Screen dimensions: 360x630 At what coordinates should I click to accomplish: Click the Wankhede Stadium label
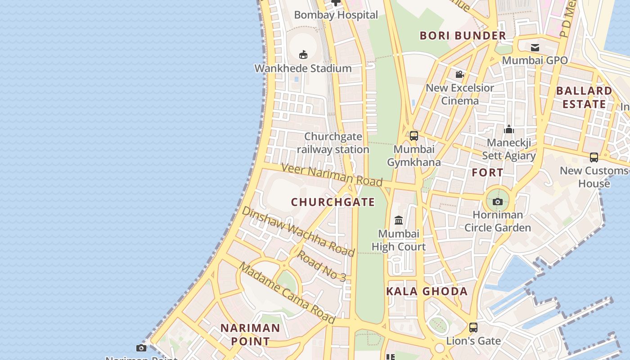point(303,68)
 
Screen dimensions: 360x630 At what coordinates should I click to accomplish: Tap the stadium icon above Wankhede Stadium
point(303,54)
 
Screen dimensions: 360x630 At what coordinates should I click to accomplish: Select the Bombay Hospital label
point(336,15)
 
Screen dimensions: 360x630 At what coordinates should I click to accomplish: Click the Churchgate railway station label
point(333,143)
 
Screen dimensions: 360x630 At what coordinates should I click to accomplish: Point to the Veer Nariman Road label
point(332,174)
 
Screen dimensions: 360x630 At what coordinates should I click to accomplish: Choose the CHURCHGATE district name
point(333,202)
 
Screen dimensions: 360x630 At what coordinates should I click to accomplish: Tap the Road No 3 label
point(322,266)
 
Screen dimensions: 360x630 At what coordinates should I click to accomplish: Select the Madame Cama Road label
point(287,292)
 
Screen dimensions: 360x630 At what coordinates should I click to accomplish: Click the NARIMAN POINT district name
point(250,334)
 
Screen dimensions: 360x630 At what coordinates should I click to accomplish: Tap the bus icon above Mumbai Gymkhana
point(414,135)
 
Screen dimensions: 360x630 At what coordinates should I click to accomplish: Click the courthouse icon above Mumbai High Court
point(399,220)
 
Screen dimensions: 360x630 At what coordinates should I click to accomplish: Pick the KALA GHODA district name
point(427,291)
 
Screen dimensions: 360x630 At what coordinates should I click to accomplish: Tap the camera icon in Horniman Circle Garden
point(498,202)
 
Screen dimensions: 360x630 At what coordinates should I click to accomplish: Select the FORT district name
point(488,172)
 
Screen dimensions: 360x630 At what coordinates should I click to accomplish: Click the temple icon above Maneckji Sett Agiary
point(509,130)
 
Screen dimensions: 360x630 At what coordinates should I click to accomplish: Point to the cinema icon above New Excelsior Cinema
point(459,74)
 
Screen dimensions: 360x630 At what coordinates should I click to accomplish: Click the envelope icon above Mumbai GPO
point(535,47)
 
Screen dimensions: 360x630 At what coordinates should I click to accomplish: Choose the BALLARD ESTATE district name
point(584,97)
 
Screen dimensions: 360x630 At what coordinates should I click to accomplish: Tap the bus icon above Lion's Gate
point(473,327)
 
